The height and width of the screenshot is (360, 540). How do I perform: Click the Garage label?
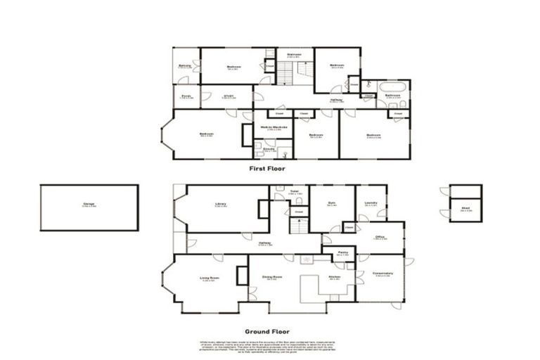pos(89,205)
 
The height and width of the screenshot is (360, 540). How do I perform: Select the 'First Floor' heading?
pos(267,169)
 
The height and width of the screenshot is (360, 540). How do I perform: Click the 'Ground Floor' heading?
pos(266,331)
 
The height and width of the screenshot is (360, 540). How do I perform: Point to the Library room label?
pos(220,205)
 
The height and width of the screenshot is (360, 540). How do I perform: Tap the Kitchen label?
pos(334,277)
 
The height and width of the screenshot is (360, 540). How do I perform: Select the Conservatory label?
pos(383,274)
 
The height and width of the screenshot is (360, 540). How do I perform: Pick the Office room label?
pos(380,238)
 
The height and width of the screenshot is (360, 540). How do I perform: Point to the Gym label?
pos(332,205)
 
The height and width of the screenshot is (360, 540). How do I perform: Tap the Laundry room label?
pos(371,204)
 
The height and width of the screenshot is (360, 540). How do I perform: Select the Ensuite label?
pos(269,150)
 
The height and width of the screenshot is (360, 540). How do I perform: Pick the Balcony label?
pos(185,66)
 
